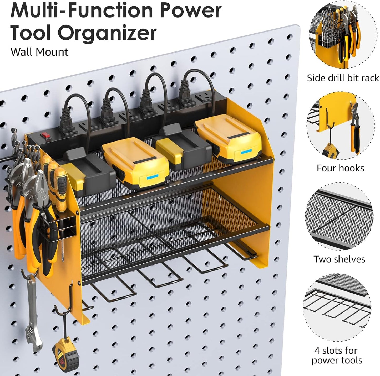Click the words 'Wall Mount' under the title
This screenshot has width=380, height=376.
[x=39, y=52]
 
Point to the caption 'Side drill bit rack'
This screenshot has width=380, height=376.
[x=343, y=78]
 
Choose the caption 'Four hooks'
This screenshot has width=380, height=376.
[x=340, y=168]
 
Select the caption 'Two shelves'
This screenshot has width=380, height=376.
[x=339, y=259]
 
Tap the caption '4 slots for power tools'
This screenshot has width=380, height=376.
[x=337, y=355]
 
